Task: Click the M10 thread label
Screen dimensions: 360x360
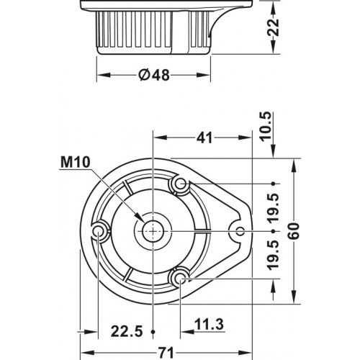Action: click(x=76, y=162)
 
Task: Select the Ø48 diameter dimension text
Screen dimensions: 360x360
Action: click(x=154, y=75)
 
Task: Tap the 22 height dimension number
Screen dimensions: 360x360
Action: click(x=274, y=27)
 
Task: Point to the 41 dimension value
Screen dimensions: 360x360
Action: click(x=204, y=138)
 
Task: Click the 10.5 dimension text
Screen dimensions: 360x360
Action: click(x=266, y=127)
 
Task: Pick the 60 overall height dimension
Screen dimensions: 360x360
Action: click(x=294, y=231)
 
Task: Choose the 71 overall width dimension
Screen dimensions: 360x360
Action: click(x=166, y=353)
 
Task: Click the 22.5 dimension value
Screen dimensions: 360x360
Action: click(x=127, y=331)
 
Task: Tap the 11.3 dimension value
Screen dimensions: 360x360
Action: click(x=209, y=324)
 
